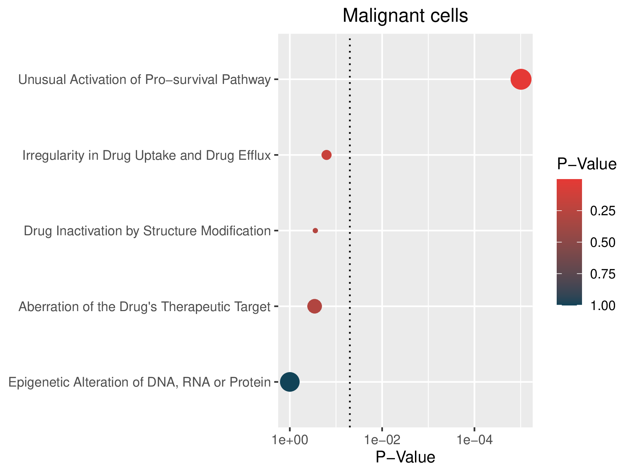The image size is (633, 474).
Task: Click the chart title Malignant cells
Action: point(405,16)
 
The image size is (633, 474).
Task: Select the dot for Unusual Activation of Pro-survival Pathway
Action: point(521,80)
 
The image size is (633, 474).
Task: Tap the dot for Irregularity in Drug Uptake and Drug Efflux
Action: point(326,155)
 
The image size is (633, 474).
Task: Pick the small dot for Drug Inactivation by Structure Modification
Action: point(315,231)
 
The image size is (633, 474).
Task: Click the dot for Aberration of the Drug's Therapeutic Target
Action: point(314,306)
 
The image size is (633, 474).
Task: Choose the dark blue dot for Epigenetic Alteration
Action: point(290,382)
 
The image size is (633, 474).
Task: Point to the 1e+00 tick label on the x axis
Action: point(289,441)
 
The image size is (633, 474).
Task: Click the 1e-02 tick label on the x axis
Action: point(382,441)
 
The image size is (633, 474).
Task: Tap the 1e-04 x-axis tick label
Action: point(474,441)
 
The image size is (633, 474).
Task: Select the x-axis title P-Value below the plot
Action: point(405,457)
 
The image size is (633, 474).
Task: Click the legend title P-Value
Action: point(587,164)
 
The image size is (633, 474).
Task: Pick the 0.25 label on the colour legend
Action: point(603,211)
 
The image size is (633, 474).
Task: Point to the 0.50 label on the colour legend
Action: point(603,243)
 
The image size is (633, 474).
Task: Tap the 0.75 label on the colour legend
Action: point(603,274)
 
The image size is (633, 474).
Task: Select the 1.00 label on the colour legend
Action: point(603,306)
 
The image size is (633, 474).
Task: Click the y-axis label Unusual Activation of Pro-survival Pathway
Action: point(145,80)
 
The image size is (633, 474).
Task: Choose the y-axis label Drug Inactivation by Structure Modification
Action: point(147,231)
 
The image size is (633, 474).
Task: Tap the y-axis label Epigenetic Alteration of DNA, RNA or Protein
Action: point(140,382)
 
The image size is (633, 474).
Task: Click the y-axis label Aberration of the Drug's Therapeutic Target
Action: point(145,307)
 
